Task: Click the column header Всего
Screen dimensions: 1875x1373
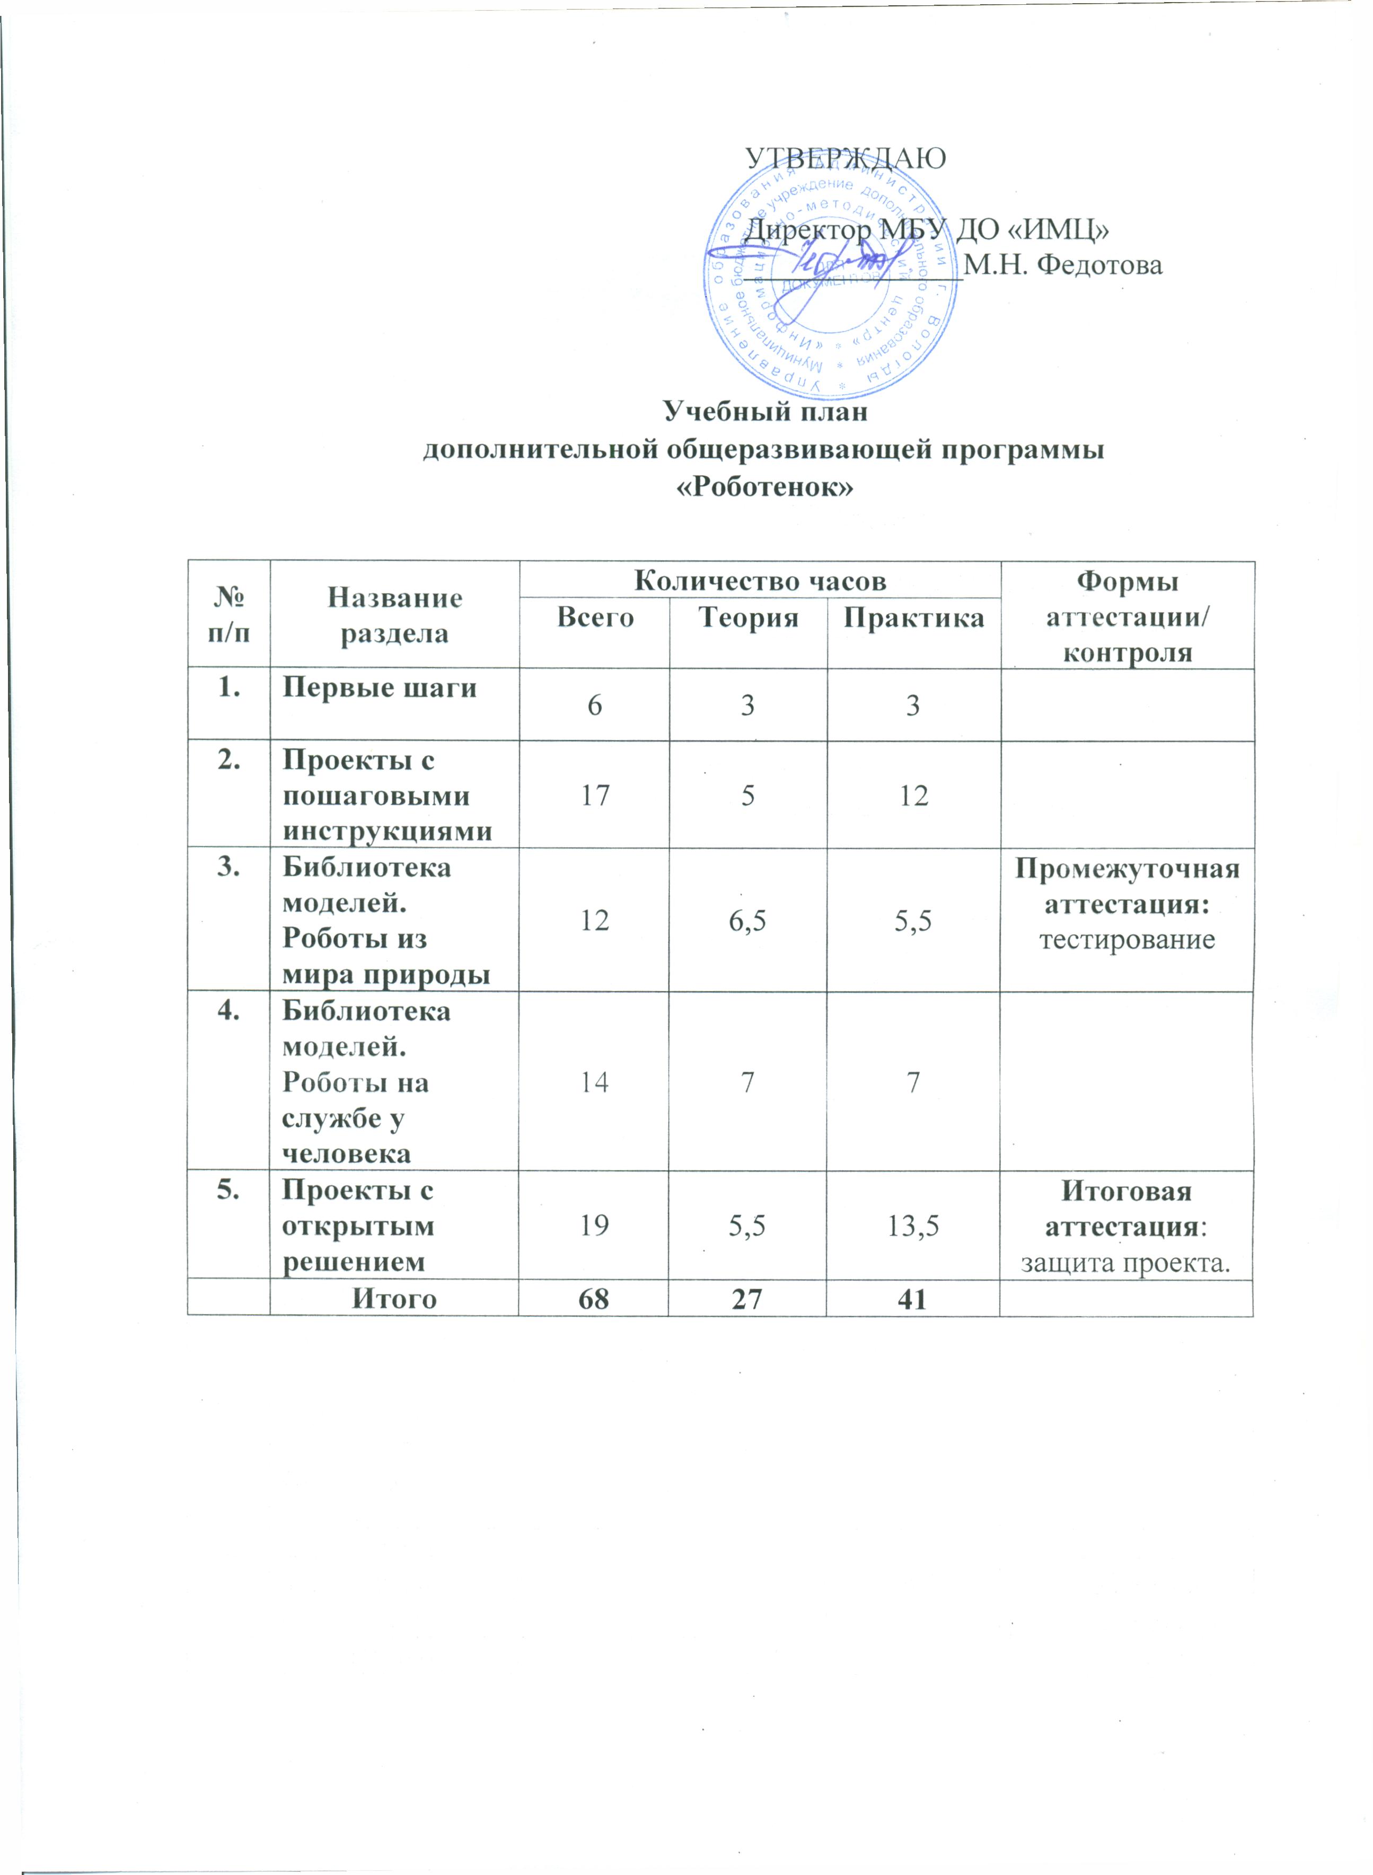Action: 595,617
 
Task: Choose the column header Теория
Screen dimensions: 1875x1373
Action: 748,617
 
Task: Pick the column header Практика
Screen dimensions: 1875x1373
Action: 913,617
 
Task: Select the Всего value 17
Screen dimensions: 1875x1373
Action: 595,796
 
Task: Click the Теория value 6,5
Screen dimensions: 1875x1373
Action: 748,920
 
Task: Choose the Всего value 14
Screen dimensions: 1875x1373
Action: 595,1082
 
